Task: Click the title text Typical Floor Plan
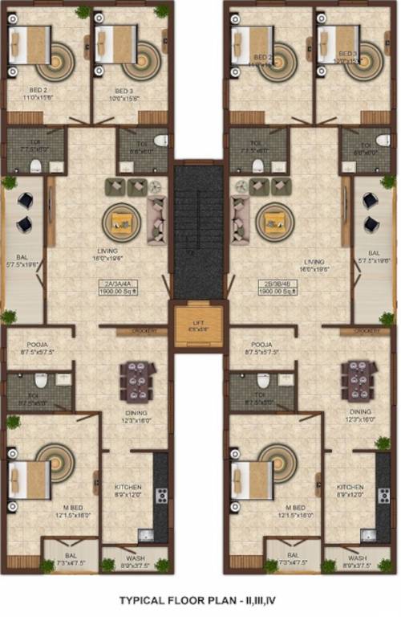(200, 599)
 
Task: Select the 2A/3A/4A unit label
(119, 284)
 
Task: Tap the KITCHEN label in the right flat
(350, 488)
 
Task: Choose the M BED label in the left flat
(69, 508)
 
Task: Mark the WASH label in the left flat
(135, 558)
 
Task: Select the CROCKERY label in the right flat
(366, 331)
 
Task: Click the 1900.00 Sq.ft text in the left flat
(119, 292)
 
